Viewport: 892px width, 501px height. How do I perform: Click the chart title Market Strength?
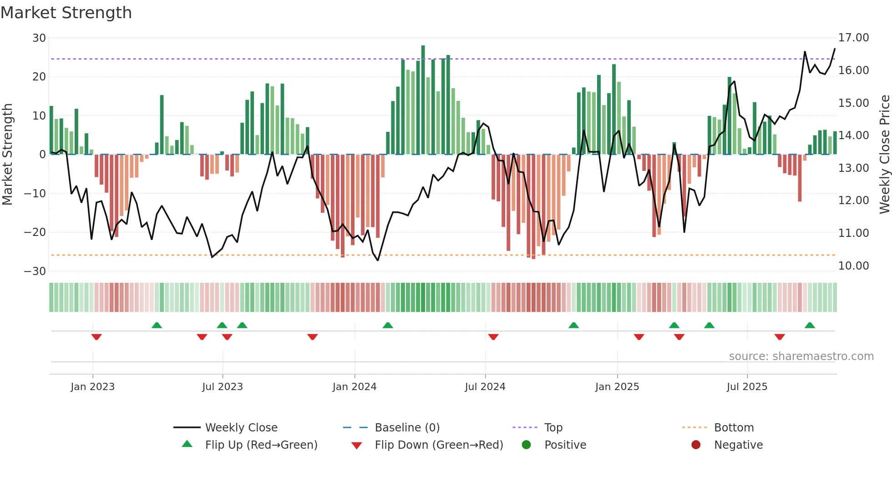pyautogui.click(x=66, y=13)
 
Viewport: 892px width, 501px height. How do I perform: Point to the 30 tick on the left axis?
pyautogui.click(x=39, y=38)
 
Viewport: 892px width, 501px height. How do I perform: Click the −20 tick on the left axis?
pyautogui.click(x=35, y=232)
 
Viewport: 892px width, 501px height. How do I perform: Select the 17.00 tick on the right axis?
pyautogui.click(x=853, y=38)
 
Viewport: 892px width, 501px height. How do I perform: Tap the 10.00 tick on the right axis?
pyautogui.click(x=853, y=266)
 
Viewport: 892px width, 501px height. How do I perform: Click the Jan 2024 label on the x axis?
pyautogui.click(x=354, y=387)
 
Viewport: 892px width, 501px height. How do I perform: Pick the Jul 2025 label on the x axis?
pyautogui.click(x=746, y=387)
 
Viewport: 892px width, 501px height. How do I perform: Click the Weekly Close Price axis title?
pyautogui.click(x=884, y=155)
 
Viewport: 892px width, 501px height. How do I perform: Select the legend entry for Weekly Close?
pyautogui.click(x=241, y=428)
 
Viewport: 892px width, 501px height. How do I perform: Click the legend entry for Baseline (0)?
pyautogui.click(x=407, y=428)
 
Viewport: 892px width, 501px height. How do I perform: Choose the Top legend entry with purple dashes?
pyautogui.click(x=553, y=428)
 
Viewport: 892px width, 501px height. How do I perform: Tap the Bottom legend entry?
pyautogui.click(x=734, y=428)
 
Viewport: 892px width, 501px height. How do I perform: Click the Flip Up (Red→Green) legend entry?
pyautogui.click(x=261, y=445)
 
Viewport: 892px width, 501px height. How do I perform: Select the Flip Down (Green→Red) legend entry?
pyautogui.click(x=439, y=445)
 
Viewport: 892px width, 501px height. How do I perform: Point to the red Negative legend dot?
pyautogui.click(x=695, y=445)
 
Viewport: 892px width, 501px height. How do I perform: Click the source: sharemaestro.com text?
pyautogui.click(x=801, y=356)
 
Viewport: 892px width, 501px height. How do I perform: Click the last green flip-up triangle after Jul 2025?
pyautogui.click(x=810, y=326)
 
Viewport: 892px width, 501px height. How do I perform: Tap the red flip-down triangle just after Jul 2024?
pyautogui.click(x=493, y=337)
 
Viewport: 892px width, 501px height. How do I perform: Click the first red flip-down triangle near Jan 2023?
pyautogui.click(x=96, y=337)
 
